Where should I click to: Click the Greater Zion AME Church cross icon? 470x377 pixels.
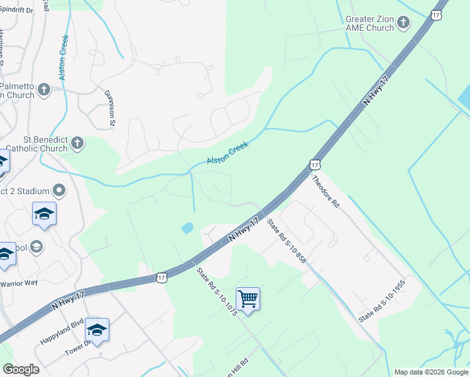coord(403,24)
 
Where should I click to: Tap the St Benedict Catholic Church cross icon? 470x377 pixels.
coord(77,144)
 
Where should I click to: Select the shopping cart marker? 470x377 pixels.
coord(248,298)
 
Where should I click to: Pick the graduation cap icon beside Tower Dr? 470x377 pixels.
coord(97,329)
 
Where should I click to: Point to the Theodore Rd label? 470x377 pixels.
coord(325,192)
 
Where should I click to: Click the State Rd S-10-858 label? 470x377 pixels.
coord(286,240)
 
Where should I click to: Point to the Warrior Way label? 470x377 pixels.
coord(19,283)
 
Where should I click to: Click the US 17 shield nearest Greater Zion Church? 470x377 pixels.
coord(437,14)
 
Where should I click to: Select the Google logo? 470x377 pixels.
coord(21,369)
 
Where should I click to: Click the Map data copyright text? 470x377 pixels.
coord(431,372)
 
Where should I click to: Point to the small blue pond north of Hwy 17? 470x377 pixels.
coord(187,228)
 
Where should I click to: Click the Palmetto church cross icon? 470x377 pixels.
coord(44,89)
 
